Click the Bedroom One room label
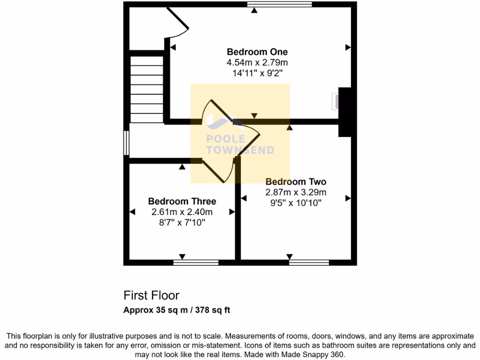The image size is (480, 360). click(257, 52)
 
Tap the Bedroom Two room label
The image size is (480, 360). click(296, 182)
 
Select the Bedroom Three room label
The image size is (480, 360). click(182, 202)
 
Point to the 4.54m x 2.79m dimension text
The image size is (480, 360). click(257, 62)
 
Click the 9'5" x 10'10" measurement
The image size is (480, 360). click(296, 202)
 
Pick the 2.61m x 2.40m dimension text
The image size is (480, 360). click(182, 212)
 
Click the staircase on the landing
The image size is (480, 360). click(146, 88)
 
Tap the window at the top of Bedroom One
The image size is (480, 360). click(279, 4)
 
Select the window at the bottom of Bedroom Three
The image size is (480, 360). click(196, 262)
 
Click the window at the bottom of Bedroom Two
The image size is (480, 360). click(309, 262)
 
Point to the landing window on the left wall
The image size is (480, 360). click(126, 142)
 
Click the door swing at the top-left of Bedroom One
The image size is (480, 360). click(178, 23)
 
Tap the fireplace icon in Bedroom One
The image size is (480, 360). click(336, 102)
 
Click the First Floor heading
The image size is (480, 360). click(151, 295)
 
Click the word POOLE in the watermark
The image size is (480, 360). click(226, 139)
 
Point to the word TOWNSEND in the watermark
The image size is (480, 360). click(240, 150)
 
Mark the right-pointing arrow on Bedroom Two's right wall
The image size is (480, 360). click(348, 199)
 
